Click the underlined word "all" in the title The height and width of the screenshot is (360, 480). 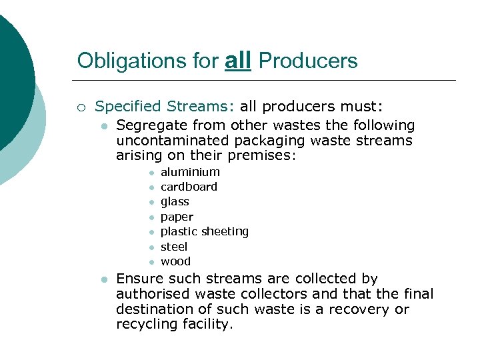point(238,61)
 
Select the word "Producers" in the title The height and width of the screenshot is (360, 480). point(307,61)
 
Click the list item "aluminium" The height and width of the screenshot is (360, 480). point(190,172)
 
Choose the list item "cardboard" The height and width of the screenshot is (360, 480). point(189,187)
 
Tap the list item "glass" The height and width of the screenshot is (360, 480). point(175,201)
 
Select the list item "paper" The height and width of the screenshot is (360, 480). point(177,217)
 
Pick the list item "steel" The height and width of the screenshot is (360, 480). point(174,247)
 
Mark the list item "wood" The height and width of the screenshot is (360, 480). point(175,261)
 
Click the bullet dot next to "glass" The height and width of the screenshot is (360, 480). point(151,202)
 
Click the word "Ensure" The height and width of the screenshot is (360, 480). point(139,279)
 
